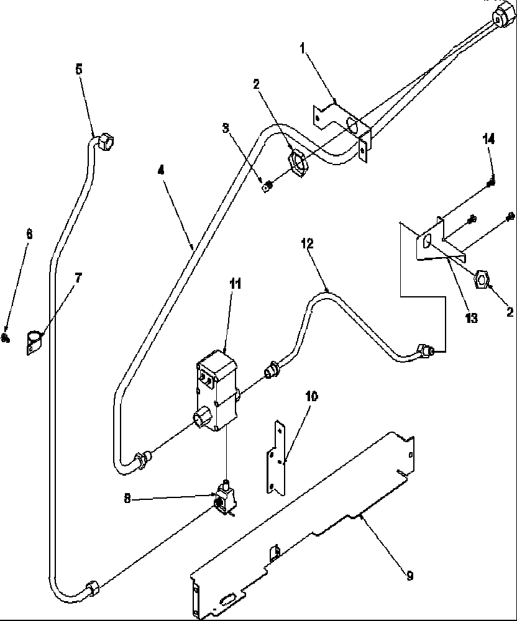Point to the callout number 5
point(78,69)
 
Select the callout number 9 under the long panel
point(409,576)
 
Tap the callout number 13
point(472,319)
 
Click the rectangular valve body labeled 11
point(215,391)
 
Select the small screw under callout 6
point(7,338)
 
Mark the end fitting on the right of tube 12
point(424,352)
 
